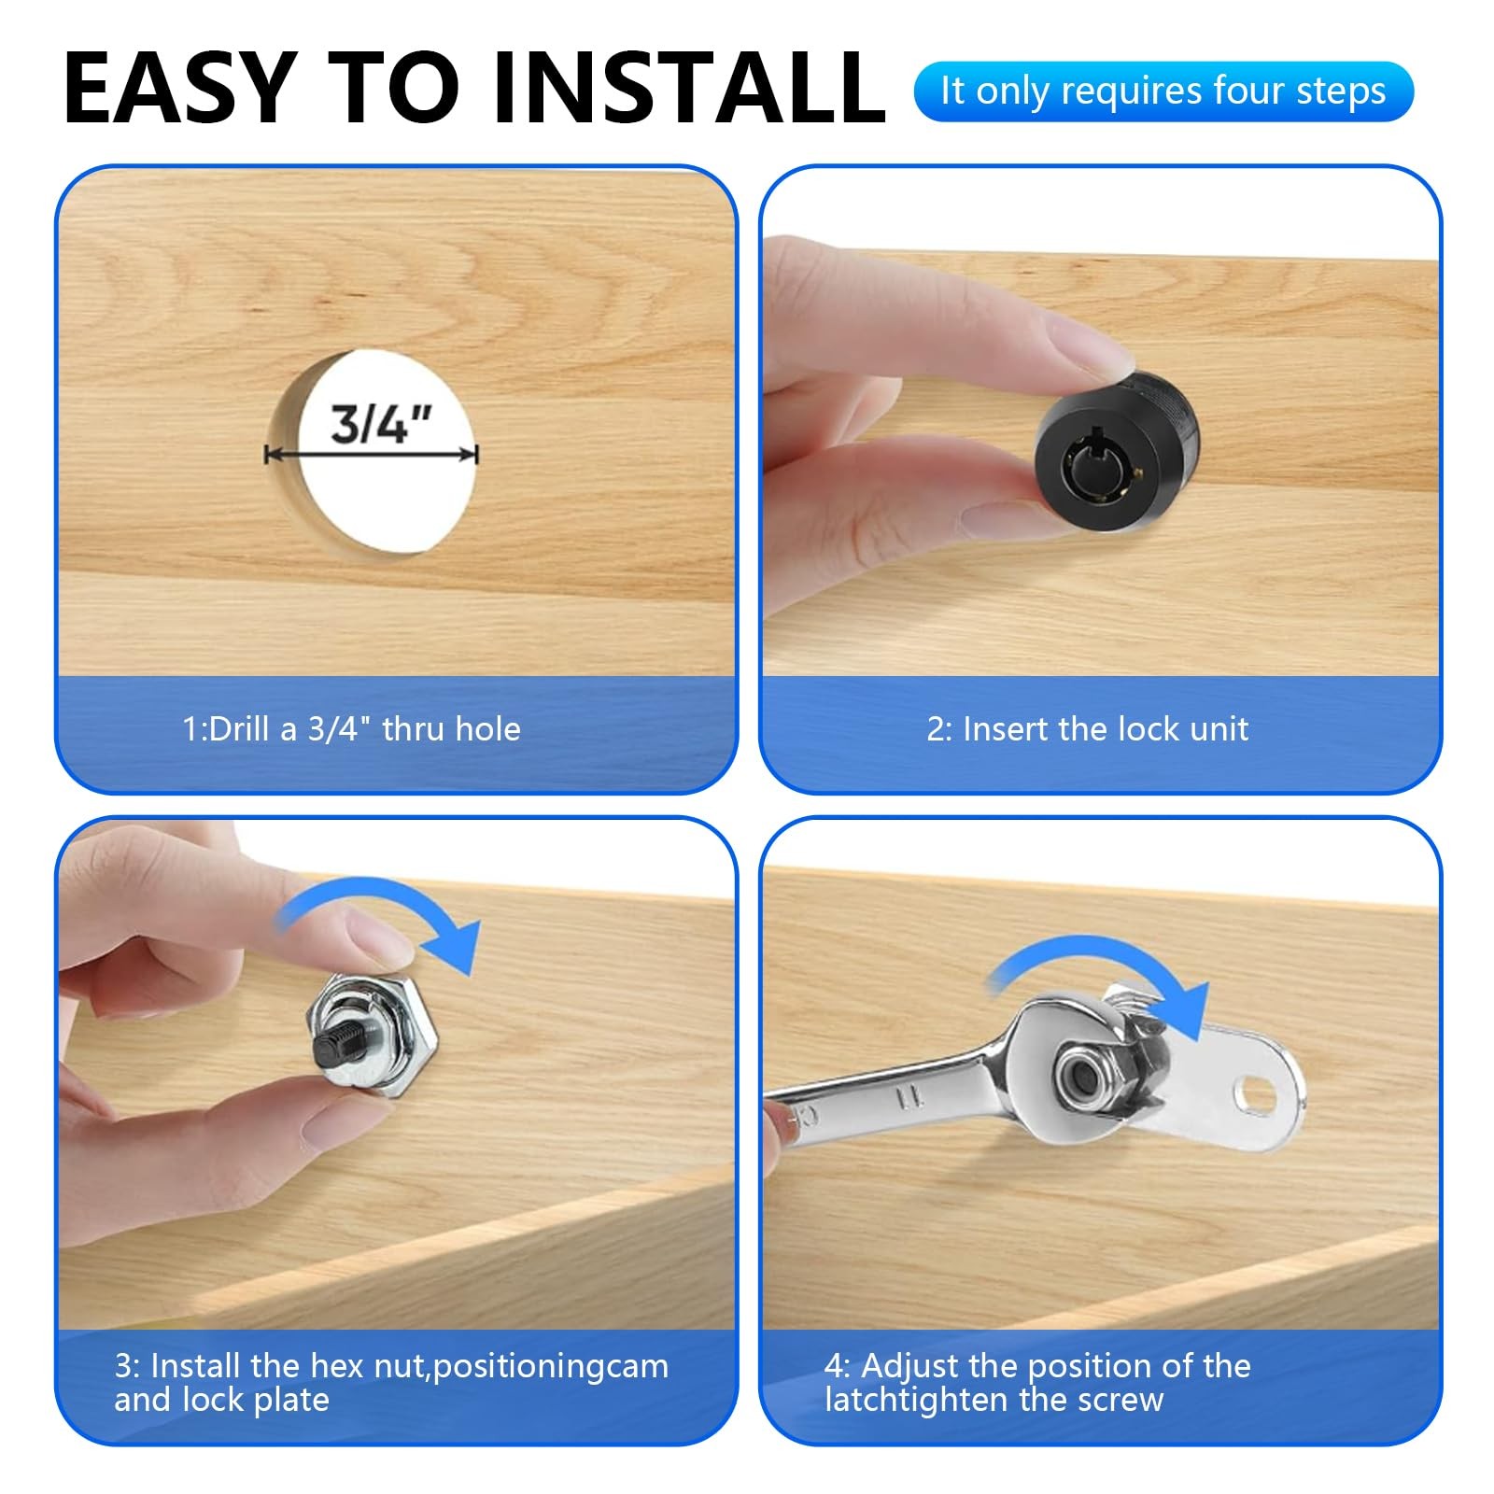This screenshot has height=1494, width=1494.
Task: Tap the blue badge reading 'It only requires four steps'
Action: pos(1163,92)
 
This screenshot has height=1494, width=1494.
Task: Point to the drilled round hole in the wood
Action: pos(372,453)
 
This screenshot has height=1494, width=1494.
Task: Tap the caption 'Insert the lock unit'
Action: pos(1106,728)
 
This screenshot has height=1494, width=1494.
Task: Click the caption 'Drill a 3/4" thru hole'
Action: pos(364,728)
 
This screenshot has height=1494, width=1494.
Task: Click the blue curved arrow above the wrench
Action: pos(1102,980)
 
